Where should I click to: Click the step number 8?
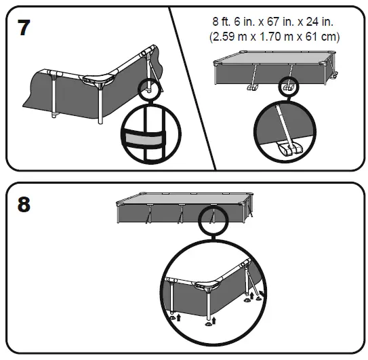[24, 204]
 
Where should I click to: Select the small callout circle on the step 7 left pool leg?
[148, 87]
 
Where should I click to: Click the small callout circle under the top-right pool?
[288, 87]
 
